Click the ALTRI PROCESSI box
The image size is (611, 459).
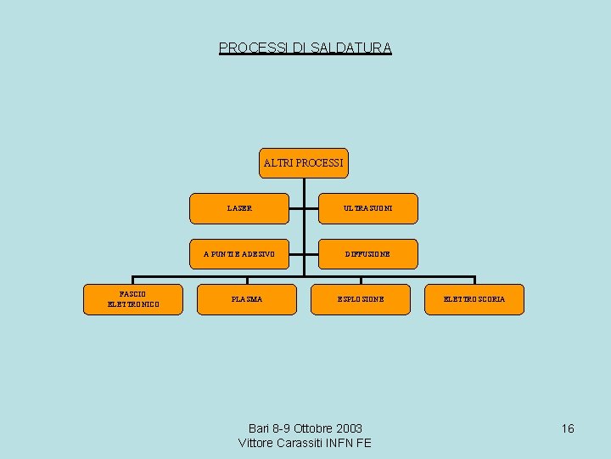click(303, 162)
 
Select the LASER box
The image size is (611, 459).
click(239, 208)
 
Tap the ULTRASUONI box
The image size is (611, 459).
click(367, 208)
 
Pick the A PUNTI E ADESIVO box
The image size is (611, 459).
click(239, 254)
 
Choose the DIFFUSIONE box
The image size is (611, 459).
click(367, 254)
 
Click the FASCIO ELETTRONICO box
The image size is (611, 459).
click(133, 299)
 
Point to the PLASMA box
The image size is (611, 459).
click(247, 299)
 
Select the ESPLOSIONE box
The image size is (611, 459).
click(361, 299)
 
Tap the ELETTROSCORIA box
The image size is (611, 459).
click(474, 299)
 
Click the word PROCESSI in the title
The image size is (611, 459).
click(253, 48)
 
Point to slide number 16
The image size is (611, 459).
click(568, 428)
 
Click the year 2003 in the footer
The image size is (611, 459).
click(349, 428)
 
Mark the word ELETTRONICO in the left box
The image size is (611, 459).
click(133, 304)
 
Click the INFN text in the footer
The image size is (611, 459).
click(339, 443)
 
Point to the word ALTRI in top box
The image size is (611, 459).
click(278, 162)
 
